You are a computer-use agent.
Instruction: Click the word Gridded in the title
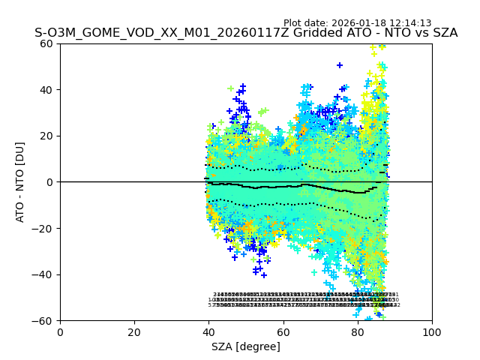click(305, 34)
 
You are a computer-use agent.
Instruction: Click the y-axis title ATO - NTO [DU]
click(20, 181)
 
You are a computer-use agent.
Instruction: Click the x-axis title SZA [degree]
click(246, 347)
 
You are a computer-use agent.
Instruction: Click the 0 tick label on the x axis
click(60, 333)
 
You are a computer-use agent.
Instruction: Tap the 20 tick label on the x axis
click(134, 333)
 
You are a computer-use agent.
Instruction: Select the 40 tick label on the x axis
click(208, 333)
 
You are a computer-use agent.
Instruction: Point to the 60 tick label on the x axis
click(283, 333)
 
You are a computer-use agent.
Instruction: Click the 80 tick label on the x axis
click(358, 333)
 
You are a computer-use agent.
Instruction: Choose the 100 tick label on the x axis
click(432, 333)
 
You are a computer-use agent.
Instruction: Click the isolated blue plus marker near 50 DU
click(340, 65)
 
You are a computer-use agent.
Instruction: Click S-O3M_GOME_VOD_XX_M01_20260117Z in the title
click(155, 34)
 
